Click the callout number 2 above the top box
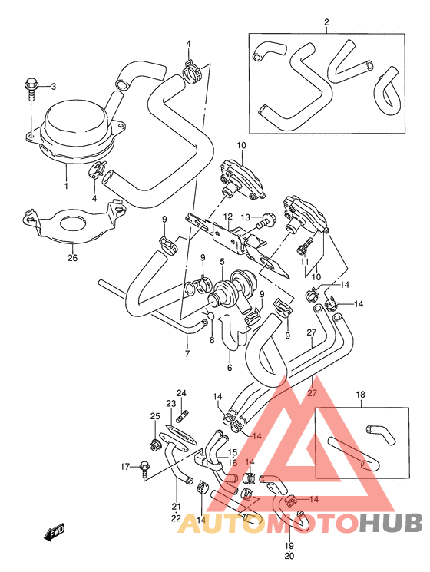326,23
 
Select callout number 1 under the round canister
66,186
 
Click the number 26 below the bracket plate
73,258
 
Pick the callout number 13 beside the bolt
245,218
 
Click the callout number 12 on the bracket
228,217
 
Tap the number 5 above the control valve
222,262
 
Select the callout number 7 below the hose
187,354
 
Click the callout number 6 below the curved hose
228,368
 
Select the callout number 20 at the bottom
289,556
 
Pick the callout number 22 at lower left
177,518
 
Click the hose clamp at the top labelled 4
193,72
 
